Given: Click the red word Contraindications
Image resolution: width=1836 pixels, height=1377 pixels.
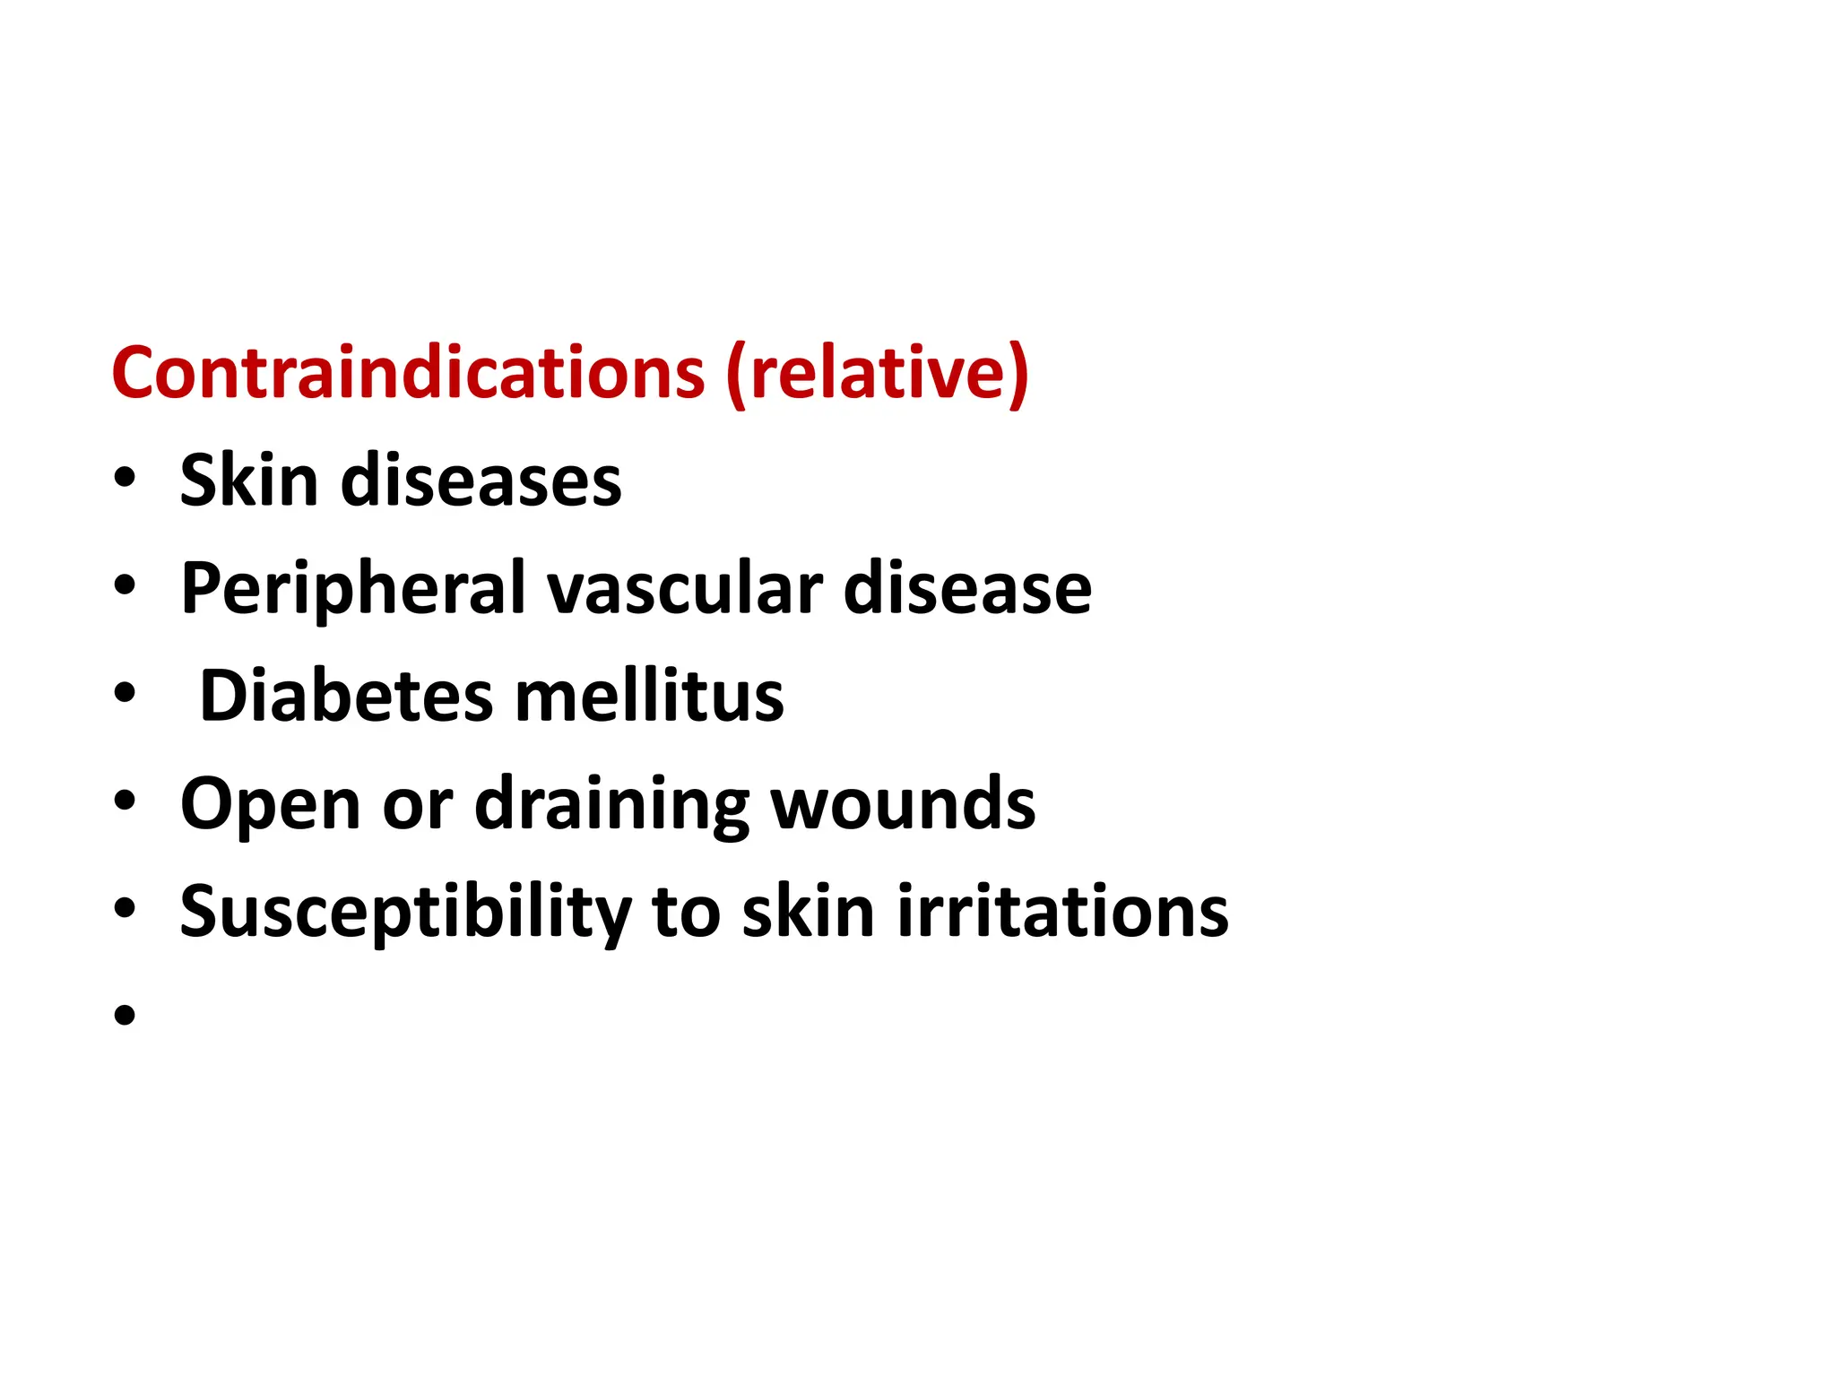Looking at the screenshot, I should pos(408,373).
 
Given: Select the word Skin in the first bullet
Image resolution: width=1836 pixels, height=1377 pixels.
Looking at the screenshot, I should pos(249,481).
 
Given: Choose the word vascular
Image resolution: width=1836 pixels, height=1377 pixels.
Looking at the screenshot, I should pos(685,589).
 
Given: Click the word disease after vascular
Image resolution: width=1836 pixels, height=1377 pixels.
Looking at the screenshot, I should pos(967,589).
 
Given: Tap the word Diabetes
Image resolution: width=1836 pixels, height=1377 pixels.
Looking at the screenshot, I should pos(346,696).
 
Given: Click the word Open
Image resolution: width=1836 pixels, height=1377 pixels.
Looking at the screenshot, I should pos(270,804).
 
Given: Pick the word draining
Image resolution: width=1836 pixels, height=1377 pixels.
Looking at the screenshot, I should pos(612,804).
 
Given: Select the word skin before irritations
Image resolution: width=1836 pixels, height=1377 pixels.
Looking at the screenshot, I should pos(808,912).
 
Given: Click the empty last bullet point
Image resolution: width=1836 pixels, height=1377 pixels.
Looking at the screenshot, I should pos(125,1016).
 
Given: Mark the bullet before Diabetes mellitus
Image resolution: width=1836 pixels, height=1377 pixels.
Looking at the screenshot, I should pos(125,693).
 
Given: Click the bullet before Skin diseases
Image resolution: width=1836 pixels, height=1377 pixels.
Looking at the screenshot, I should pos(125,478).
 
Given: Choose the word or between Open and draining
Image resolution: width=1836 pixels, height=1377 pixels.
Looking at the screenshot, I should pos(417,804).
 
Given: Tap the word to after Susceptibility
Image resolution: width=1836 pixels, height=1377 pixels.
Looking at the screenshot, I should pos(686,912).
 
